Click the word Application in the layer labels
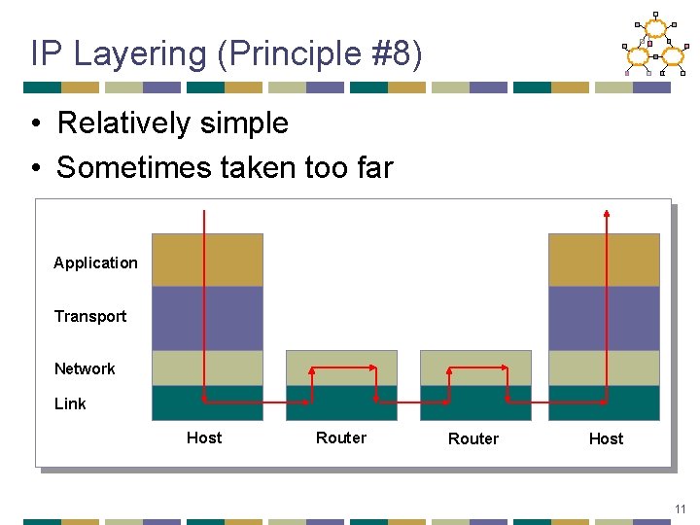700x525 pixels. (95, 262)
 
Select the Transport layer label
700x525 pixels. (90, 316)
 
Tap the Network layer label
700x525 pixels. (85, 368)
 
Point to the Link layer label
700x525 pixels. (70, 403)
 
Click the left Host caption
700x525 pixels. (204, 437)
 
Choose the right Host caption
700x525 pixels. (606, 438)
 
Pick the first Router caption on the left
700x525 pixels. (341, 437)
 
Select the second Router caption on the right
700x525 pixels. (473, 438)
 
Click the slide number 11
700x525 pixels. (681, 508)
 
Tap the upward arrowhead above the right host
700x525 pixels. (607, 214)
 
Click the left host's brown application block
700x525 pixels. (233, 260)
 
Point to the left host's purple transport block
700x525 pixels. (233, 318)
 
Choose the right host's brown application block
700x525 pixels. (583, 260)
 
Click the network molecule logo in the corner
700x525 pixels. (654, 45)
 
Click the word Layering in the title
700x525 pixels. (140, 54)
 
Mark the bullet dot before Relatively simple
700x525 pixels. (36, 124)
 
